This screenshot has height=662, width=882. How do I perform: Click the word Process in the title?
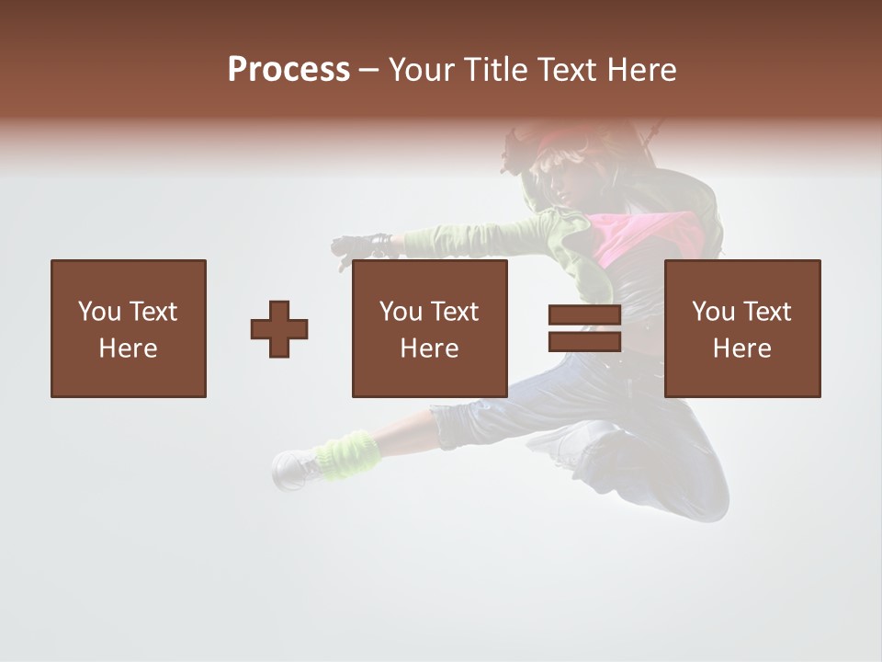(288, 69)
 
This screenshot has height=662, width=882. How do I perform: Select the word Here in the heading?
(642, 69)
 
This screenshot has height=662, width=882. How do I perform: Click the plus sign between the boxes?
(279, 329)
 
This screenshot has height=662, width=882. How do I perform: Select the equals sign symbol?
(584, 329)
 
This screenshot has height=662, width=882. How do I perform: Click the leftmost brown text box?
(129, 328)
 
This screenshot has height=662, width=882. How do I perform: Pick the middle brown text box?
(430, 328)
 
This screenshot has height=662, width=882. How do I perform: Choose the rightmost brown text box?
(742, 328)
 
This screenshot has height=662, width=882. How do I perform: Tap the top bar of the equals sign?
(584, 315)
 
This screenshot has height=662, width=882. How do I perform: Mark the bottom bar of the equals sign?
(584, 342)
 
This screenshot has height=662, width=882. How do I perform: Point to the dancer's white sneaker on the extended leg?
(296, 469)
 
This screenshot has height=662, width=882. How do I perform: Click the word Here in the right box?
(742, 348)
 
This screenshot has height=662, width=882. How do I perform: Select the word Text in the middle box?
(455, 312)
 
